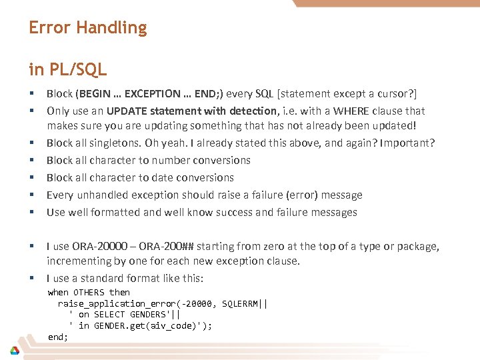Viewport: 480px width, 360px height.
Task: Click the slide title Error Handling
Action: click(87, 28)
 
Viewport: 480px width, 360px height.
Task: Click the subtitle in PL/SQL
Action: click(68, 69)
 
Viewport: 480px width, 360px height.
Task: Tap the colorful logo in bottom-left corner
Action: click(14, 351)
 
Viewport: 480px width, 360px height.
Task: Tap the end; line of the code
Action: click(58, 337)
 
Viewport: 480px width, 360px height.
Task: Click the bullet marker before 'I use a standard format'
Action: click(31, 278)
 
